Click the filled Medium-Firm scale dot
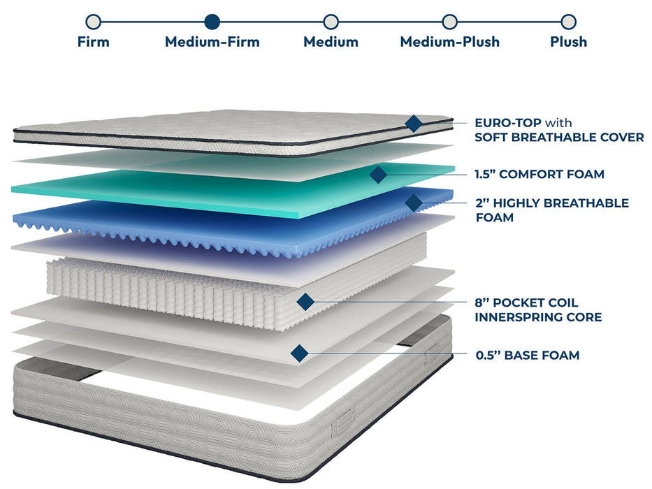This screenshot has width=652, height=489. tap(212, 22)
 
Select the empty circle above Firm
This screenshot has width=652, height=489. tap(93, 22)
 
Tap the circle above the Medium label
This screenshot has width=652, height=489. tap(331, 22)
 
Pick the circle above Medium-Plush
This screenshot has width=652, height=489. tap(450, 22)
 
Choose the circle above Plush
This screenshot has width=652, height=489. tap(569, 22)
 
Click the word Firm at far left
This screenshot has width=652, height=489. tap(93, 42)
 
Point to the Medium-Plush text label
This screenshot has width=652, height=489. tap(449, 42)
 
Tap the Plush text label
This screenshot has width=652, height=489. tap(568, 42)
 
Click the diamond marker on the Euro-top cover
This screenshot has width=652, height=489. tap(414, 124)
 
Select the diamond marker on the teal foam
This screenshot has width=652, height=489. tap(378, 175)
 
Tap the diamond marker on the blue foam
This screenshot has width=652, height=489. tap(414, 203)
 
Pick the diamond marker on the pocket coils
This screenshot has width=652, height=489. tap(305, 301)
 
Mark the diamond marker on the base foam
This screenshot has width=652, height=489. tap(299, 353)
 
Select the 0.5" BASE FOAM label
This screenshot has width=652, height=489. tap(527, 356)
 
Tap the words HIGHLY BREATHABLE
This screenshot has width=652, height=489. tap(559, 203)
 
